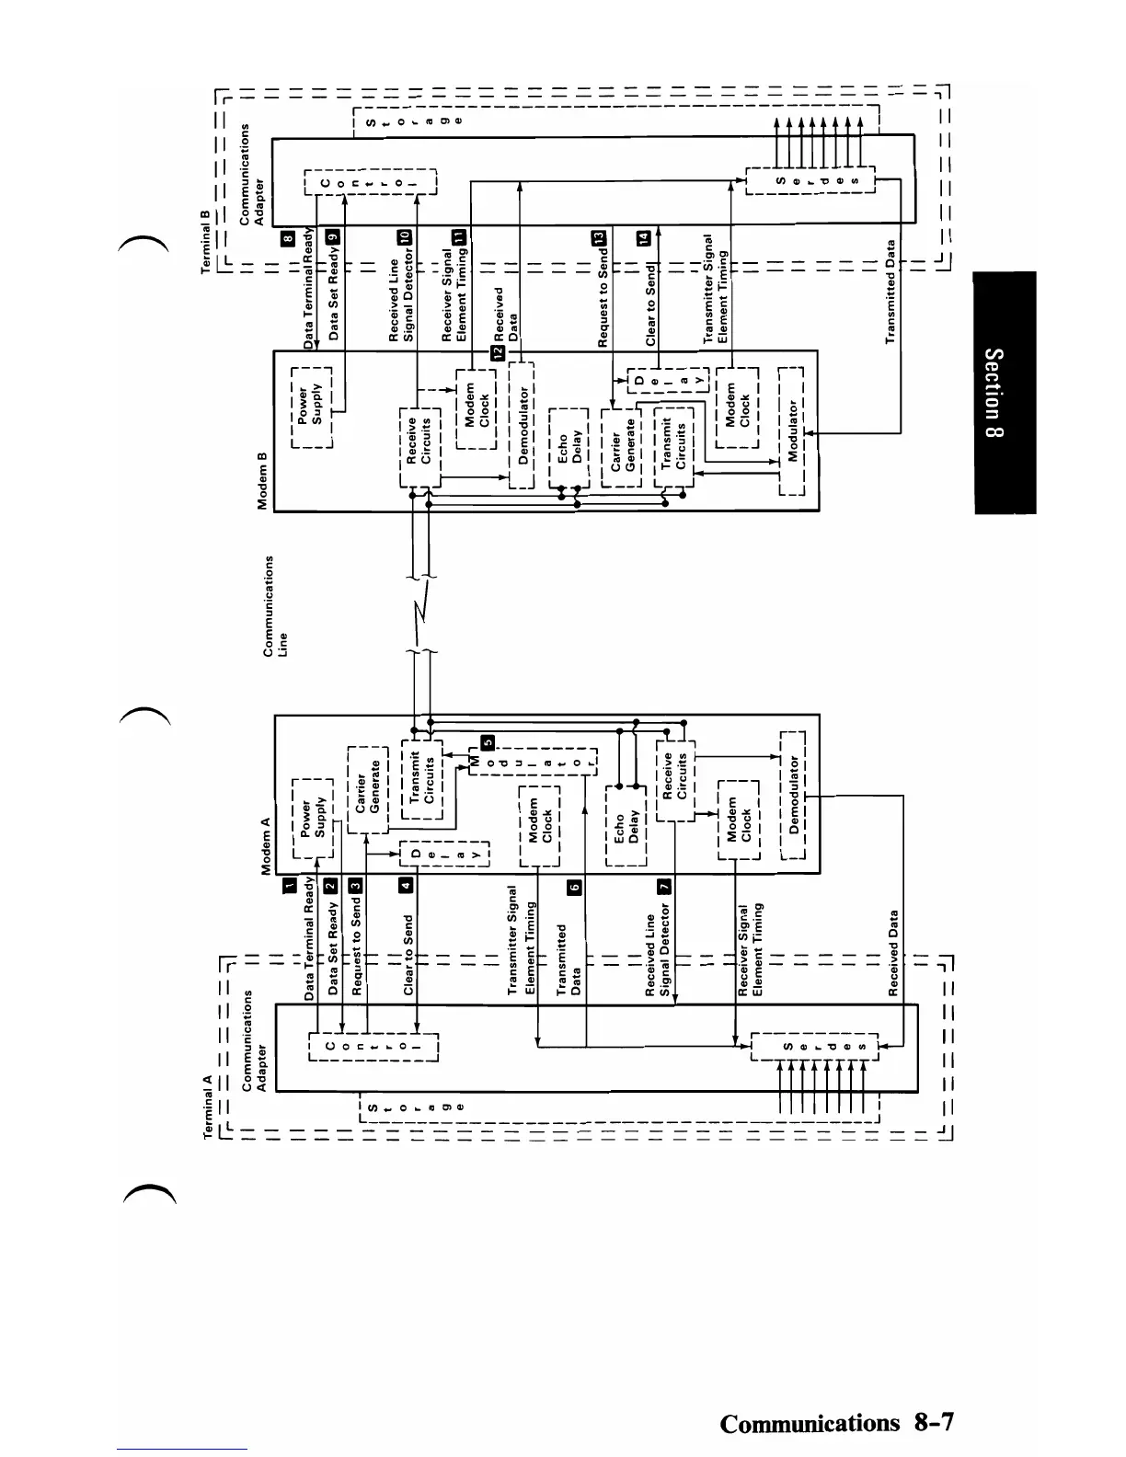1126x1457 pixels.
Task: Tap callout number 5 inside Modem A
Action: point(488,742)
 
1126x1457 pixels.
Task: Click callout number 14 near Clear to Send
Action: point(643,237)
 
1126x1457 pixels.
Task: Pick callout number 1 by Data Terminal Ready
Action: point(289,885)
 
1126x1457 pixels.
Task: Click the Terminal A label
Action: point(208,1107)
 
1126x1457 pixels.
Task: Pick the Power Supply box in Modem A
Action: point(312,817)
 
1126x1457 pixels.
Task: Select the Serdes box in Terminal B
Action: point(810,180)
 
